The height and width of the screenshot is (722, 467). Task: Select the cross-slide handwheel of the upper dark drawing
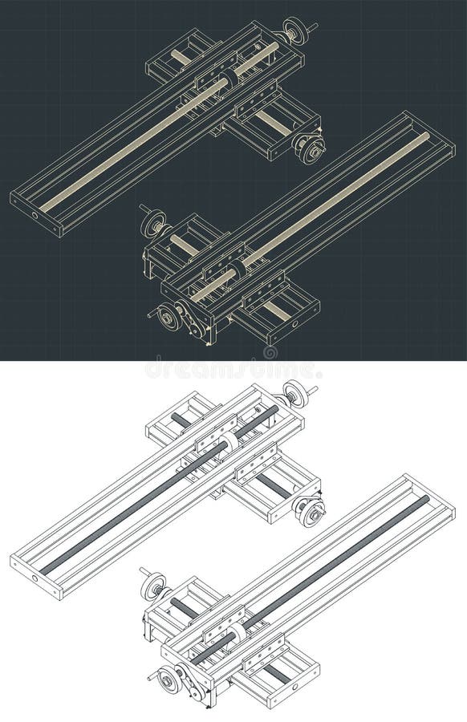(311, 148)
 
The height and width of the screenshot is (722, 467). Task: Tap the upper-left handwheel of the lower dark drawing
(152, 223)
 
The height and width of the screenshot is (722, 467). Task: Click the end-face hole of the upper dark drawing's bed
(35, 215)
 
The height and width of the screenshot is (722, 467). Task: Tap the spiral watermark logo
(270, 352)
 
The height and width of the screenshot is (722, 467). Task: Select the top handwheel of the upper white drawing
(296, 394)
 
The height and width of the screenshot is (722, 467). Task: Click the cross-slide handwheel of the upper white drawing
(310, 511)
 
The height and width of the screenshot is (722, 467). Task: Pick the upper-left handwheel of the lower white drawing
(152, 586)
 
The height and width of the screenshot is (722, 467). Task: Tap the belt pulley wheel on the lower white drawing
(169, 680)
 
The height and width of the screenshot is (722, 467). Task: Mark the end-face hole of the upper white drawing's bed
(35, 578)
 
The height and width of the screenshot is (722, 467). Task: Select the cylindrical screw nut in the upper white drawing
(229, 440)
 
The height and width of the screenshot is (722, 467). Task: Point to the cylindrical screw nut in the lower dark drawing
(238, 270)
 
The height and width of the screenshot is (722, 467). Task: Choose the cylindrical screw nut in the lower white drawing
(238, 633)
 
